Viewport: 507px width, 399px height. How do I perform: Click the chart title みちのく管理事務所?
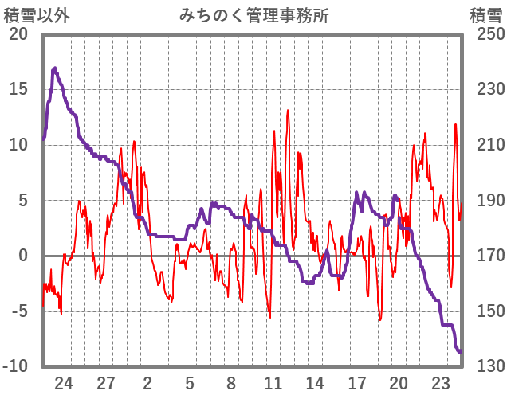tap(254, 15)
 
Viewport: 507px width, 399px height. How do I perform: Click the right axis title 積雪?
tap(485, 15)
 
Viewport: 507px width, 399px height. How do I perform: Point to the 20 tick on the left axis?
tap(18, 34)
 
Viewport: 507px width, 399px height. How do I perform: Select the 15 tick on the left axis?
tap(18, 89)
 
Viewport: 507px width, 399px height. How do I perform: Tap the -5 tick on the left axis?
tap(18, 311)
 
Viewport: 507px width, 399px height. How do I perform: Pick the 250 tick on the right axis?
tap(485, 34)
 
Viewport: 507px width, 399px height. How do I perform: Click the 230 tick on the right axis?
tap(485, 89)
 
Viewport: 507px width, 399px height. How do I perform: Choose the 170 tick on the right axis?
tap(485, 256)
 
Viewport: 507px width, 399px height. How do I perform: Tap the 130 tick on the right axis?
tap(485, 366)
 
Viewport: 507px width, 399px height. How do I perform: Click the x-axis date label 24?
tap(64, 383)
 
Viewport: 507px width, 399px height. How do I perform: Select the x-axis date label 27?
tap(106, 383)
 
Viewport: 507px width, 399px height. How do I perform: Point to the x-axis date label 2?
tap(147, 383)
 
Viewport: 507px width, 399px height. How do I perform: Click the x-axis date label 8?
tap(231, 383)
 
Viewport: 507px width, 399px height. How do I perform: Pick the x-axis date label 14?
tap(315, 383)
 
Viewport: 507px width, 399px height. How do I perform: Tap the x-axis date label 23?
tap(441, 383)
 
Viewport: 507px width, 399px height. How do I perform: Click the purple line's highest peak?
tap(55, 68)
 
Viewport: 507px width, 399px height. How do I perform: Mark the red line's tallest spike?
tap(287, 110)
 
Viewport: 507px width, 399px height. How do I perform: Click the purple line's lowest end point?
tap(461, 352)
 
